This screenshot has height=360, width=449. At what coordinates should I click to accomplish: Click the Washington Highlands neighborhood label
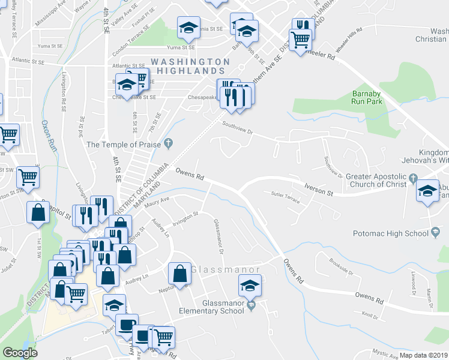[190, 66]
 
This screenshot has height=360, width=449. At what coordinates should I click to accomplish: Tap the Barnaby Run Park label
[367, 97]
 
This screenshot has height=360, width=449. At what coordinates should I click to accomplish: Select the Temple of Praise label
[124, 144]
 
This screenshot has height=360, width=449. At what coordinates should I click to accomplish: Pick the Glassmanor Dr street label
[218, 236]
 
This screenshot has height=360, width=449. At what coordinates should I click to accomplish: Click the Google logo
[20, 353]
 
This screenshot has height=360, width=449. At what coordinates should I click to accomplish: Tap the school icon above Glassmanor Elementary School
[250, 285]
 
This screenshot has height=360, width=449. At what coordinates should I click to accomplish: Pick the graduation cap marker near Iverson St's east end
[427, 191]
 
